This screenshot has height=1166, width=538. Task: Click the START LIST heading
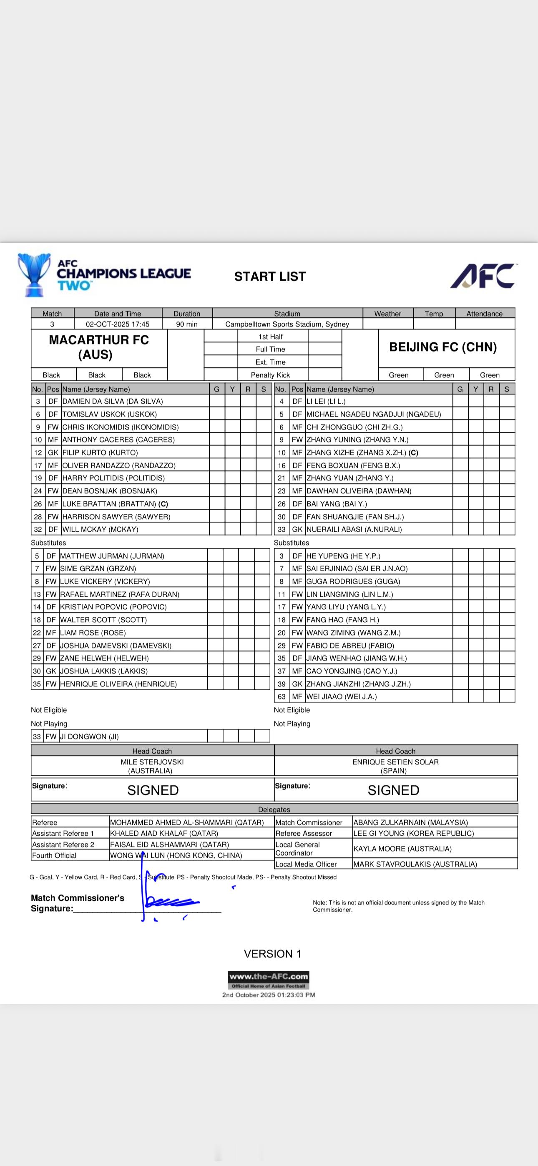click(x=270, y=276)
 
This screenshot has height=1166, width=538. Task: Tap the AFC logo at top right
click(x=483, y=276)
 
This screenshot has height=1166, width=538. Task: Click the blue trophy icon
click(x=33, y=274)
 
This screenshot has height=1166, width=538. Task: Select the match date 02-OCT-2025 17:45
click(x=118, y=324)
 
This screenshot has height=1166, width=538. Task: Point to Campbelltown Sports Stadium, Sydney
click(x=287, y=324)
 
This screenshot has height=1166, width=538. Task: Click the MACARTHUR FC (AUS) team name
click(x=99, y=347)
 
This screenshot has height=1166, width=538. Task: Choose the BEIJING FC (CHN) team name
click(x=442, y=347)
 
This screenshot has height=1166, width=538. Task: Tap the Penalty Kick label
click(x=270, y=375)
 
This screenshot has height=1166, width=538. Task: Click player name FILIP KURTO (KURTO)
click(x=100, y=452)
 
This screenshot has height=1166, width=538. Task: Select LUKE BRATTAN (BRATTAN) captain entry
click(x=115, y=504)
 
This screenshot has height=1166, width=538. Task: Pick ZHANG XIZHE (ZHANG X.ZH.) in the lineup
click(x=362, y=452)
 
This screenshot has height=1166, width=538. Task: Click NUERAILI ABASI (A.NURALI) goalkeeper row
click(x=354, y=529)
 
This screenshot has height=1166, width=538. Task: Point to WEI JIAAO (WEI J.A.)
click(x=342, y=696)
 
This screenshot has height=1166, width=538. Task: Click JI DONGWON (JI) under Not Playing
click(x=89, y=736)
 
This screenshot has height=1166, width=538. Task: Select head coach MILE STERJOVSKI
click(x=152, y=762)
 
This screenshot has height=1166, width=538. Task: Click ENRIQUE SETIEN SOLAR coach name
click(x=395, y=762)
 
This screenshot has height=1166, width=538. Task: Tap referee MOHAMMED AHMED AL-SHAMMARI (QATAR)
click(x=186, y=822)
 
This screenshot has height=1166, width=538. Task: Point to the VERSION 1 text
click(x=272, y=954)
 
